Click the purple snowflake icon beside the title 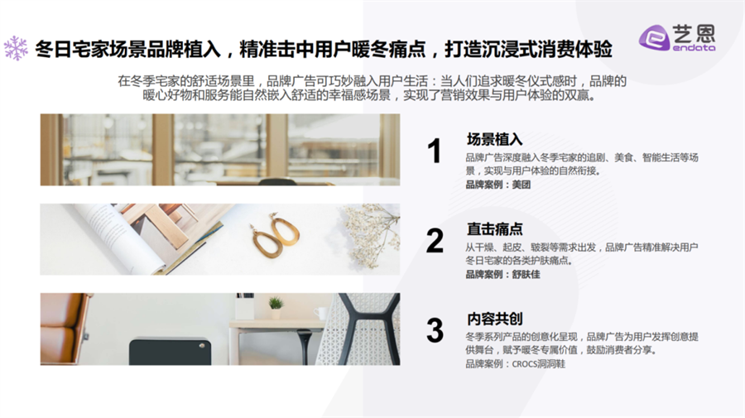(16, 49)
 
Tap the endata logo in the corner (677, 37)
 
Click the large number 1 (434, 151)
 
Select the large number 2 (435, 241)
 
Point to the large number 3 (435, 330)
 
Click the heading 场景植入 (495, 139)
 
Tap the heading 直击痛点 (495, 229)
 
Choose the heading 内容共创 (495, 319)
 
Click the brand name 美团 (521, 185)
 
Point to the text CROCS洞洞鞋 (539, 364)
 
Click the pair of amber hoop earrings (276, 235)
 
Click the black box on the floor (170, 352)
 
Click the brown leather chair (64, 329)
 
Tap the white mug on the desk (320, 313)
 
